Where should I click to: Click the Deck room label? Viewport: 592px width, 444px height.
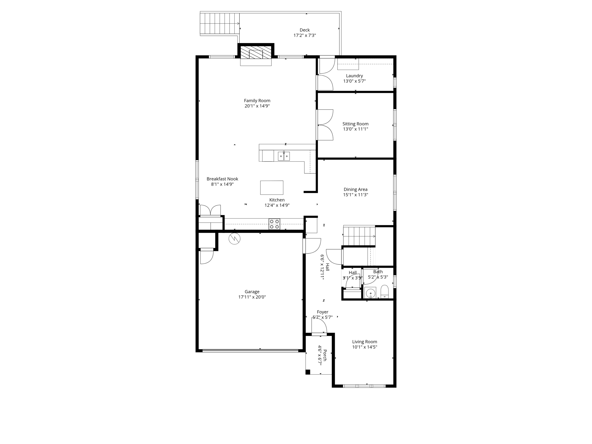coord(304,30)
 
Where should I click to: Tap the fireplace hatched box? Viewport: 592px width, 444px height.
coord(256,53)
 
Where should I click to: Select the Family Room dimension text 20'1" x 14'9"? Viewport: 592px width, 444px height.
coord(257,106)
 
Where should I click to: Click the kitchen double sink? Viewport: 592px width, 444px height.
coord(284,156)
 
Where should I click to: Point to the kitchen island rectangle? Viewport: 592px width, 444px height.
coord(271,188)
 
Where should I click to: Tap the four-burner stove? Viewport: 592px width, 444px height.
coord(274,224)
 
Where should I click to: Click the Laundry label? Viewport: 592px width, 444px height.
coord(354,76)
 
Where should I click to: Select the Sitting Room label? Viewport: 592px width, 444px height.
coord(355,124)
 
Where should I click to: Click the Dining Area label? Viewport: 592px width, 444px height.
coord(355,189)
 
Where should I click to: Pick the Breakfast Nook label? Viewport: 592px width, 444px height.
coord(222,179)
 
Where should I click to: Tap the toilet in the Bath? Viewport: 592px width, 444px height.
coord(384,292)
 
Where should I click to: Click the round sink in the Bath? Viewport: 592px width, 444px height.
coord(370,293)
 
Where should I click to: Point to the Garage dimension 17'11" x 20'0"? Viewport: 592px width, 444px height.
coord(252,297)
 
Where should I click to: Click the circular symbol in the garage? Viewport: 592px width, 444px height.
coord(234,239)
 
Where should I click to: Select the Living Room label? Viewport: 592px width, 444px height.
coord(364,342)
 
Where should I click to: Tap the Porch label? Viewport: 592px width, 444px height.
coord(325,355)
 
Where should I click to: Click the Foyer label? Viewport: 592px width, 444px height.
coord(322,312)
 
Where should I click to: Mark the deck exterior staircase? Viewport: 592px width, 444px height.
coord(219,23)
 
